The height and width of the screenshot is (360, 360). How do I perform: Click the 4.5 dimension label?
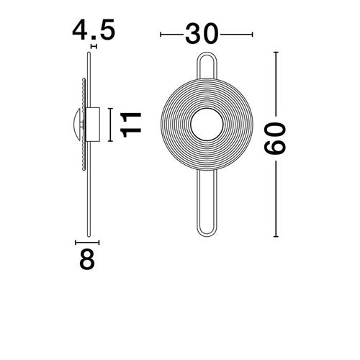coord(94,30)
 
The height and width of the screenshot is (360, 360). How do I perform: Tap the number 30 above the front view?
coord(202,34)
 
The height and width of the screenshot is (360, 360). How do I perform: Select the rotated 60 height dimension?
coord(275,138)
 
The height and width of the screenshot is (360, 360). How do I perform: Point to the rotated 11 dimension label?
coord(131,125)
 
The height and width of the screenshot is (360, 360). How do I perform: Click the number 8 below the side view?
coord(87,259)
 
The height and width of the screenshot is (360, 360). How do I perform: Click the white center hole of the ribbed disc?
coord(207,125)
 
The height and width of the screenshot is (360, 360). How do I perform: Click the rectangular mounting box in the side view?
coord(93,125)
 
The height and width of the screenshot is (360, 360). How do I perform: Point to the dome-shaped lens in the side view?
coord(78,125)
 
